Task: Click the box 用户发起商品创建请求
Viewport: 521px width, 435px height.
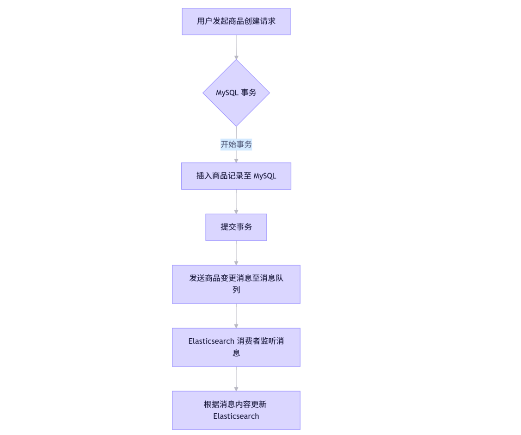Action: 236,21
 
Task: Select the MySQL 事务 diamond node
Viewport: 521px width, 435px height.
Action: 236,93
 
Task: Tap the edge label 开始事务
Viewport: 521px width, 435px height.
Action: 236,144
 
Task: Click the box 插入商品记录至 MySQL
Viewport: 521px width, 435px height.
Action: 236,176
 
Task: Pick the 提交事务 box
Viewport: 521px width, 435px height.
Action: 236,227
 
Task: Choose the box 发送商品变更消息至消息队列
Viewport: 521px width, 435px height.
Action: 236,284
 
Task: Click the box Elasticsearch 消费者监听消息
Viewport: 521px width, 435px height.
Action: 236,347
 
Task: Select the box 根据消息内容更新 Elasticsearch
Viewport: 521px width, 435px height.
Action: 236,410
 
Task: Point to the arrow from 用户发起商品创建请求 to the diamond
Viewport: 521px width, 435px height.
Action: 236,46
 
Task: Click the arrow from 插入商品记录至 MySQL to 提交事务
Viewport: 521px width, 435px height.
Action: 236,201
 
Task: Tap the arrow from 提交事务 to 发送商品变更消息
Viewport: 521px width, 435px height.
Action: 236,252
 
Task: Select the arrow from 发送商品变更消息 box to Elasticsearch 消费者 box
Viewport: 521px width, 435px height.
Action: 236,316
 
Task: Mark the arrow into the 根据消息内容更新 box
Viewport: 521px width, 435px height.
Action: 236,379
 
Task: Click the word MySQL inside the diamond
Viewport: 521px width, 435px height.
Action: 227,93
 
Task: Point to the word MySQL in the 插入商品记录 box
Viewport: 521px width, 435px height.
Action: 265,176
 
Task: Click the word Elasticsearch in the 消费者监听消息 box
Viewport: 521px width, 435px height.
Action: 211,342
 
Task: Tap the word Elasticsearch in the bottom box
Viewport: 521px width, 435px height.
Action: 236,416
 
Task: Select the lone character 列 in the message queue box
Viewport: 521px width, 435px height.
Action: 236,290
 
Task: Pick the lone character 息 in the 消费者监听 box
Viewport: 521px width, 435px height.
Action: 236,353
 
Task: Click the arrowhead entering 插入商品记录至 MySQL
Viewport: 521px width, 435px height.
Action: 236,160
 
